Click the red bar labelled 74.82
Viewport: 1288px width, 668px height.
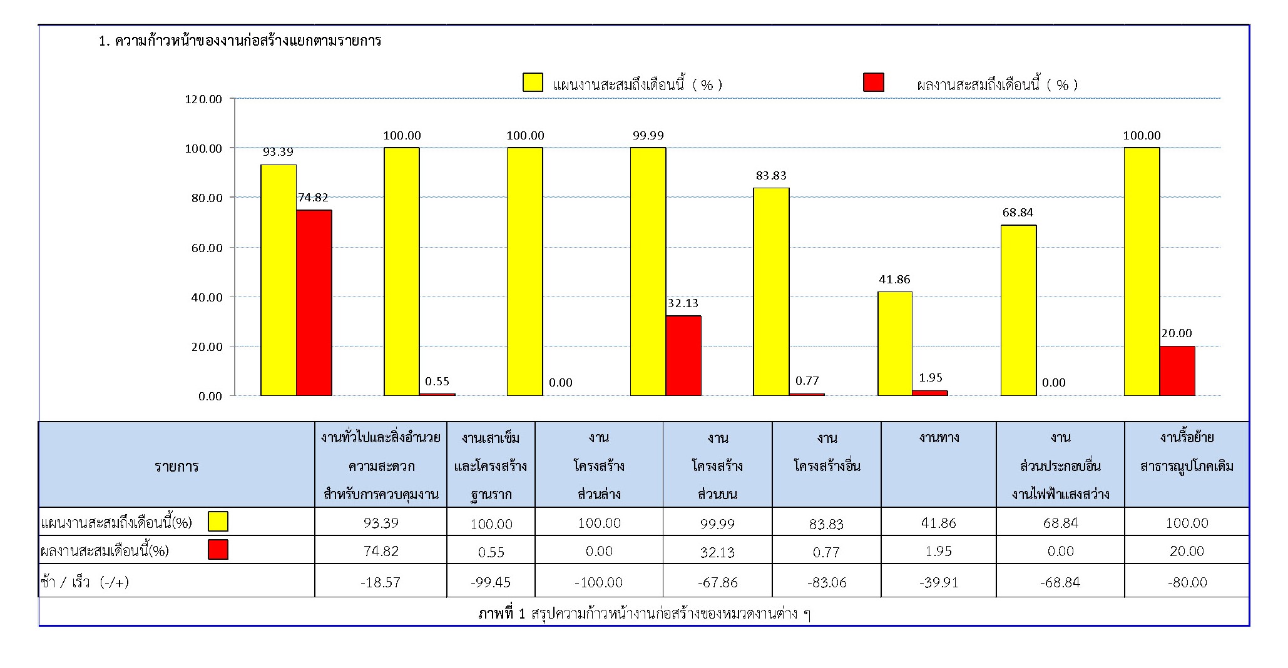click(x=314, y=303)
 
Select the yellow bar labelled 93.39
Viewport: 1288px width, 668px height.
click(x=279, y=280)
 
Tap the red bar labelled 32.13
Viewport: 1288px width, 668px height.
click(x=683, y=355)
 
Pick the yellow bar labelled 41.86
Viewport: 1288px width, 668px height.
click(x=895, y=343)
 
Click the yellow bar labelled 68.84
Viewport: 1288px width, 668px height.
click(x=1018, y=310)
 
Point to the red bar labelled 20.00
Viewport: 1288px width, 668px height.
click(x=1177, y=370)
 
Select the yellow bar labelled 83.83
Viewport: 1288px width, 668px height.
click(x=771, y=291)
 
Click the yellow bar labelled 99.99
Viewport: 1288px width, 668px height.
click(x=648, y=271)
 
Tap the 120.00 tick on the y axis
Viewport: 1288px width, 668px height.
click(x=203, y=99)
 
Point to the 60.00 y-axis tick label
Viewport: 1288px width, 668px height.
click(x=206, y=248)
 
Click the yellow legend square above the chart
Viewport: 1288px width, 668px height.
click(x=533, y=83)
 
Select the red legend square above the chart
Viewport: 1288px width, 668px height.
click(x=873, y=83)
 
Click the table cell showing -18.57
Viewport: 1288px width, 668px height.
click(x=380, y=582)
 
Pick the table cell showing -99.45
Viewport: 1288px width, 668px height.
click(x=491, y=582)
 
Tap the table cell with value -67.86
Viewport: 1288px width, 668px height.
click(x=717, y=582)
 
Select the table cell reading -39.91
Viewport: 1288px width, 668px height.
click(x=938, y=582)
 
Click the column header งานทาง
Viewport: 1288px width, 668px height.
click(x=939, y=438)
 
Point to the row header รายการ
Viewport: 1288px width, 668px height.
click(x=176, y=466)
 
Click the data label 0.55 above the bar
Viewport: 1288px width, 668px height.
click(x=437, y=382)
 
